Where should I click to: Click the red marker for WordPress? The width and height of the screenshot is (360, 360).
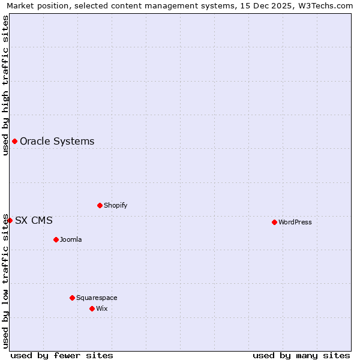(274, 222)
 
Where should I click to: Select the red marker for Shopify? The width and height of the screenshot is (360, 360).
(100, 205)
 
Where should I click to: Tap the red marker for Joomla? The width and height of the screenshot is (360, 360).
(56, 239)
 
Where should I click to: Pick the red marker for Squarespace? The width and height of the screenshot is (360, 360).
(72, 298)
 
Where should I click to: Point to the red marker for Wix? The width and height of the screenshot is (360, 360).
(92, 308)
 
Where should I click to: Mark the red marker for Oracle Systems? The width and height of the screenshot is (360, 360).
(14, 141)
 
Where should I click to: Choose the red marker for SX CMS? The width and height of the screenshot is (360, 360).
(10, 220)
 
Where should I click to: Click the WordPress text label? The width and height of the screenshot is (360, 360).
(295, 222)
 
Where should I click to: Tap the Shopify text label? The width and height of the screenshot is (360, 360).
(116, 205)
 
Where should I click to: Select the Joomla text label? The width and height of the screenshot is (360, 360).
(71, 239)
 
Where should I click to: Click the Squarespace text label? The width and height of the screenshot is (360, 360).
(97, 298)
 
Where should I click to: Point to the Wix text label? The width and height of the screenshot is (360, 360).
(102, 308)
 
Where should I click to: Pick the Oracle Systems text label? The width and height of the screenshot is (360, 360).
(57, 142)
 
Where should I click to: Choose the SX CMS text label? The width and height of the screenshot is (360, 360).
(34, 221)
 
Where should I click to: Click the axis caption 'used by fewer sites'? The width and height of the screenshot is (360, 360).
(62, 355)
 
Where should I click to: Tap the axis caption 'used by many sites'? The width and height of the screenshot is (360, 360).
(301, 355)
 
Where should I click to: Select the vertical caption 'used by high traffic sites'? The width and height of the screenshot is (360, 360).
(5, 85)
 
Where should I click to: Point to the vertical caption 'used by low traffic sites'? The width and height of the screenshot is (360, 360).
(5, 281)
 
